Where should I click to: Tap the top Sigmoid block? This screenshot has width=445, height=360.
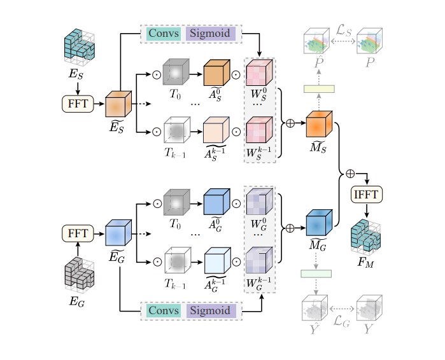coord(211,33)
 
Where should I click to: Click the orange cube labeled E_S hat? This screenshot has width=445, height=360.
coord(118,104)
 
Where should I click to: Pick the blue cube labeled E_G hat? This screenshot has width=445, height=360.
coord(118,233)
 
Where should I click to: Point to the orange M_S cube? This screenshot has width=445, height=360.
coord(318,124)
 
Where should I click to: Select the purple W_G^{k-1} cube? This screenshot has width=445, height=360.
coord(259,261)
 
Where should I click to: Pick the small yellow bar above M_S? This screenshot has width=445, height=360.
coord(318,90)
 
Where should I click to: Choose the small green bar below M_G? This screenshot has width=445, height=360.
coord(318,273)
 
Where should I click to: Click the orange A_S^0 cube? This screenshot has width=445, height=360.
coord(215,74)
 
